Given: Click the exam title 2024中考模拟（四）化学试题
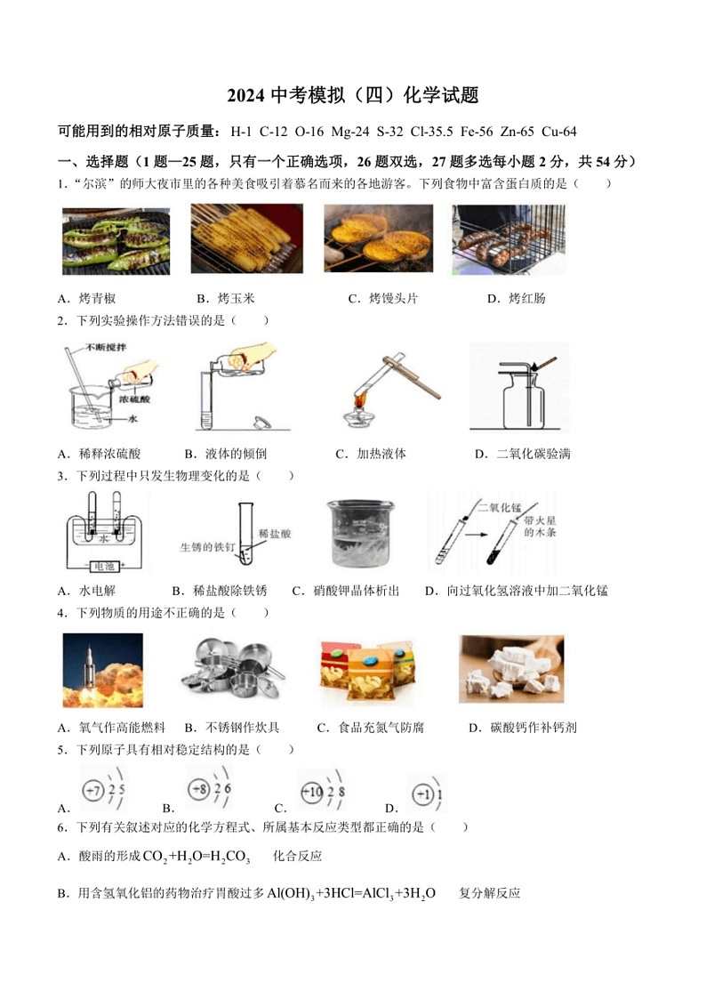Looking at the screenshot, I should [353, 95].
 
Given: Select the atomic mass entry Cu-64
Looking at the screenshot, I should [558, 132].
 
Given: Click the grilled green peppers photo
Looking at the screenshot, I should [103, 241].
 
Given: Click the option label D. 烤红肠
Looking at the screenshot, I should [516, 298].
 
